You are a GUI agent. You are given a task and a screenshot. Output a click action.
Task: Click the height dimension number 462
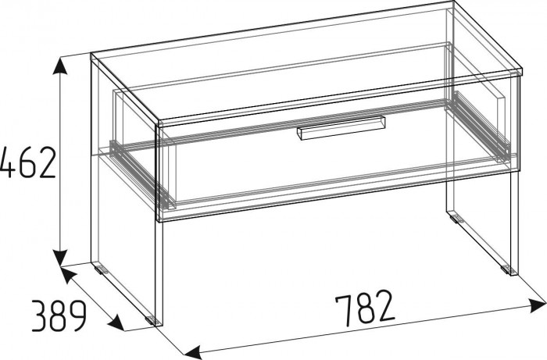[27, 162]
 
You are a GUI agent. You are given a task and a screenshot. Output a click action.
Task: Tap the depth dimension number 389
[59, 315]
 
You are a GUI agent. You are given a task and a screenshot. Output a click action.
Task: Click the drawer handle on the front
[341, 128]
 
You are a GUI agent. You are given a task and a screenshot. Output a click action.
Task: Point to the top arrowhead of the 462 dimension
[60, 66]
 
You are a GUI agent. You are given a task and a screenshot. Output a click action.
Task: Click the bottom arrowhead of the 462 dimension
[61, 258]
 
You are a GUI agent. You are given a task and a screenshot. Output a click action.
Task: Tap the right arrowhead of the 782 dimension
[538, 306]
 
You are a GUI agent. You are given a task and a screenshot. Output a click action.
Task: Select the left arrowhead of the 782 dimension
[193, 351]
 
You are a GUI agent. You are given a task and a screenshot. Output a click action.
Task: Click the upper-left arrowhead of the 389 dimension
[69, 276]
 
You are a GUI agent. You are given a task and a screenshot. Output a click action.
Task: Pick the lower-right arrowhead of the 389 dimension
[116, 323]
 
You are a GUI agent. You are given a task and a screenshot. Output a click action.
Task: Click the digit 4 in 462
[8, 162]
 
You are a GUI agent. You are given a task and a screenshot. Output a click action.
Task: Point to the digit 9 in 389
[77, 315]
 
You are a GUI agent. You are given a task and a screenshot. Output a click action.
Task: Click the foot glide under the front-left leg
[151, 319]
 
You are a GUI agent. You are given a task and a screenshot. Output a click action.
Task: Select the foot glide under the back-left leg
[101, 269]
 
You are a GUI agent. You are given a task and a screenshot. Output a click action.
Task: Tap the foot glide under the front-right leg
[506, 269]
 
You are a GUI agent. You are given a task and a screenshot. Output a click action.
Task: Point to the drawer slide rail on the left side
[140, 173]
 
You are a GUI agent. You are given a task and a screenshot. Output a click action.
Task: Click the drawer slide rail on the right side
[481, 126]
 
